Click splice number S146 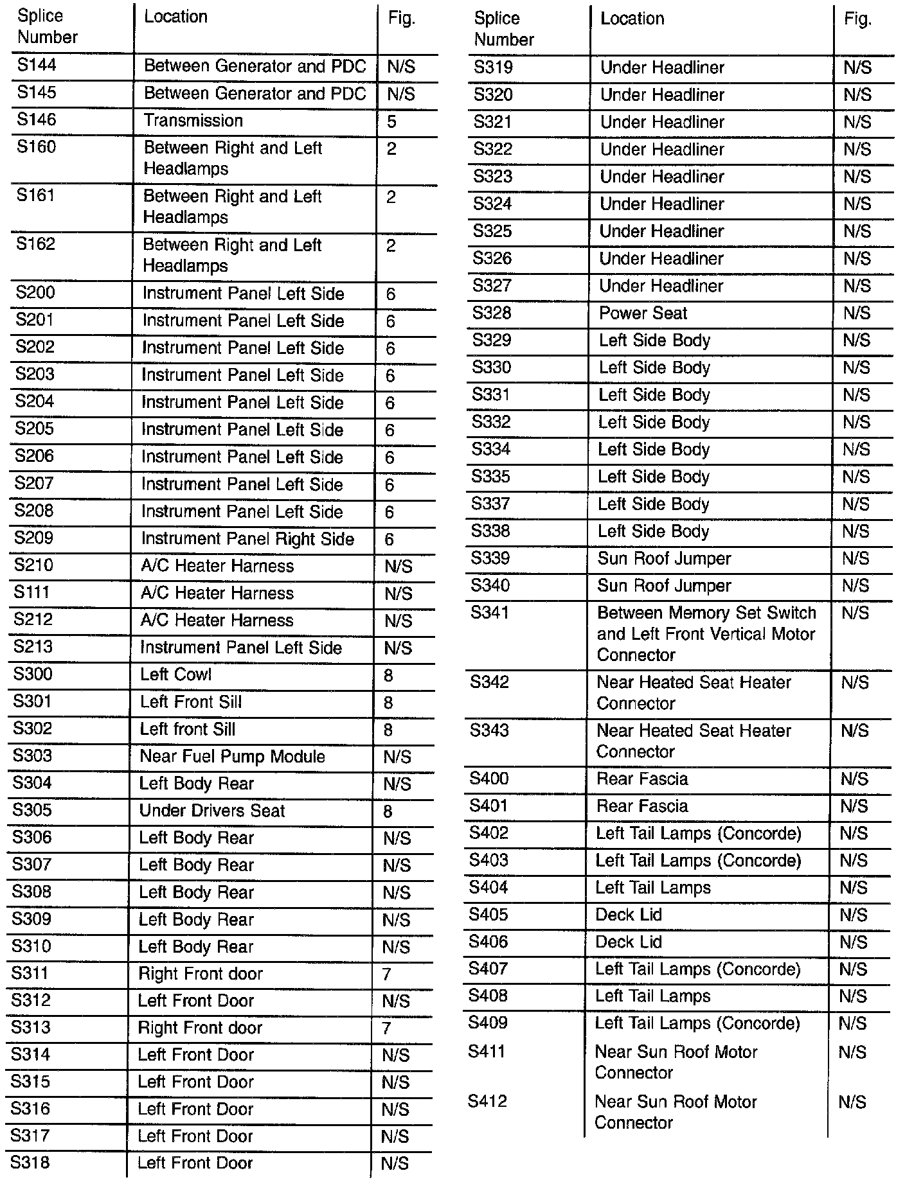click(x=37, y=120)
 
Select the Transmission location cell click(x=193, y=121)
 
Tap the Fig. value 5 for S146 click(x=392, y=122)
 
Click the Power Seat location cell click(x=643, y=313)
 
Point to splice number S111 click(x=31, y=592)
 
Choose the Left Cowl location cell click(x=175, y=675)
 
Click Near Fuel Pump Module click(x=232, y=756)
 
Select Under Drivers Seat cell click(x=211, y=811)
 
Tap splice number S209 click(x=34, y=538)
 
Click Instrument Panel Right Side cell click(x=247, y=539)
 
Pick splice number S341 click(x=489, y=613)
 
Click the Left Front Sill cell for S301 click(x=191, y=702)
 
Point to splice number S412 click(x=487, y=1102)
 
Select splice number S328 click(x=492, y=313)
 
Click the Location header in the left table click(x=175, y=17)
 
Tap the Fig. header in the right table click(x=858, y=19)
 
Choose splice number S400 click(x=488, y=779)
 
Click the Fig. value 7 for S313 click(x=386, y=1028)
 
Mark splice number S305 click(x=31, y=810)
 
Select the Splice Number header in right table click(x=503, y=29)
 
